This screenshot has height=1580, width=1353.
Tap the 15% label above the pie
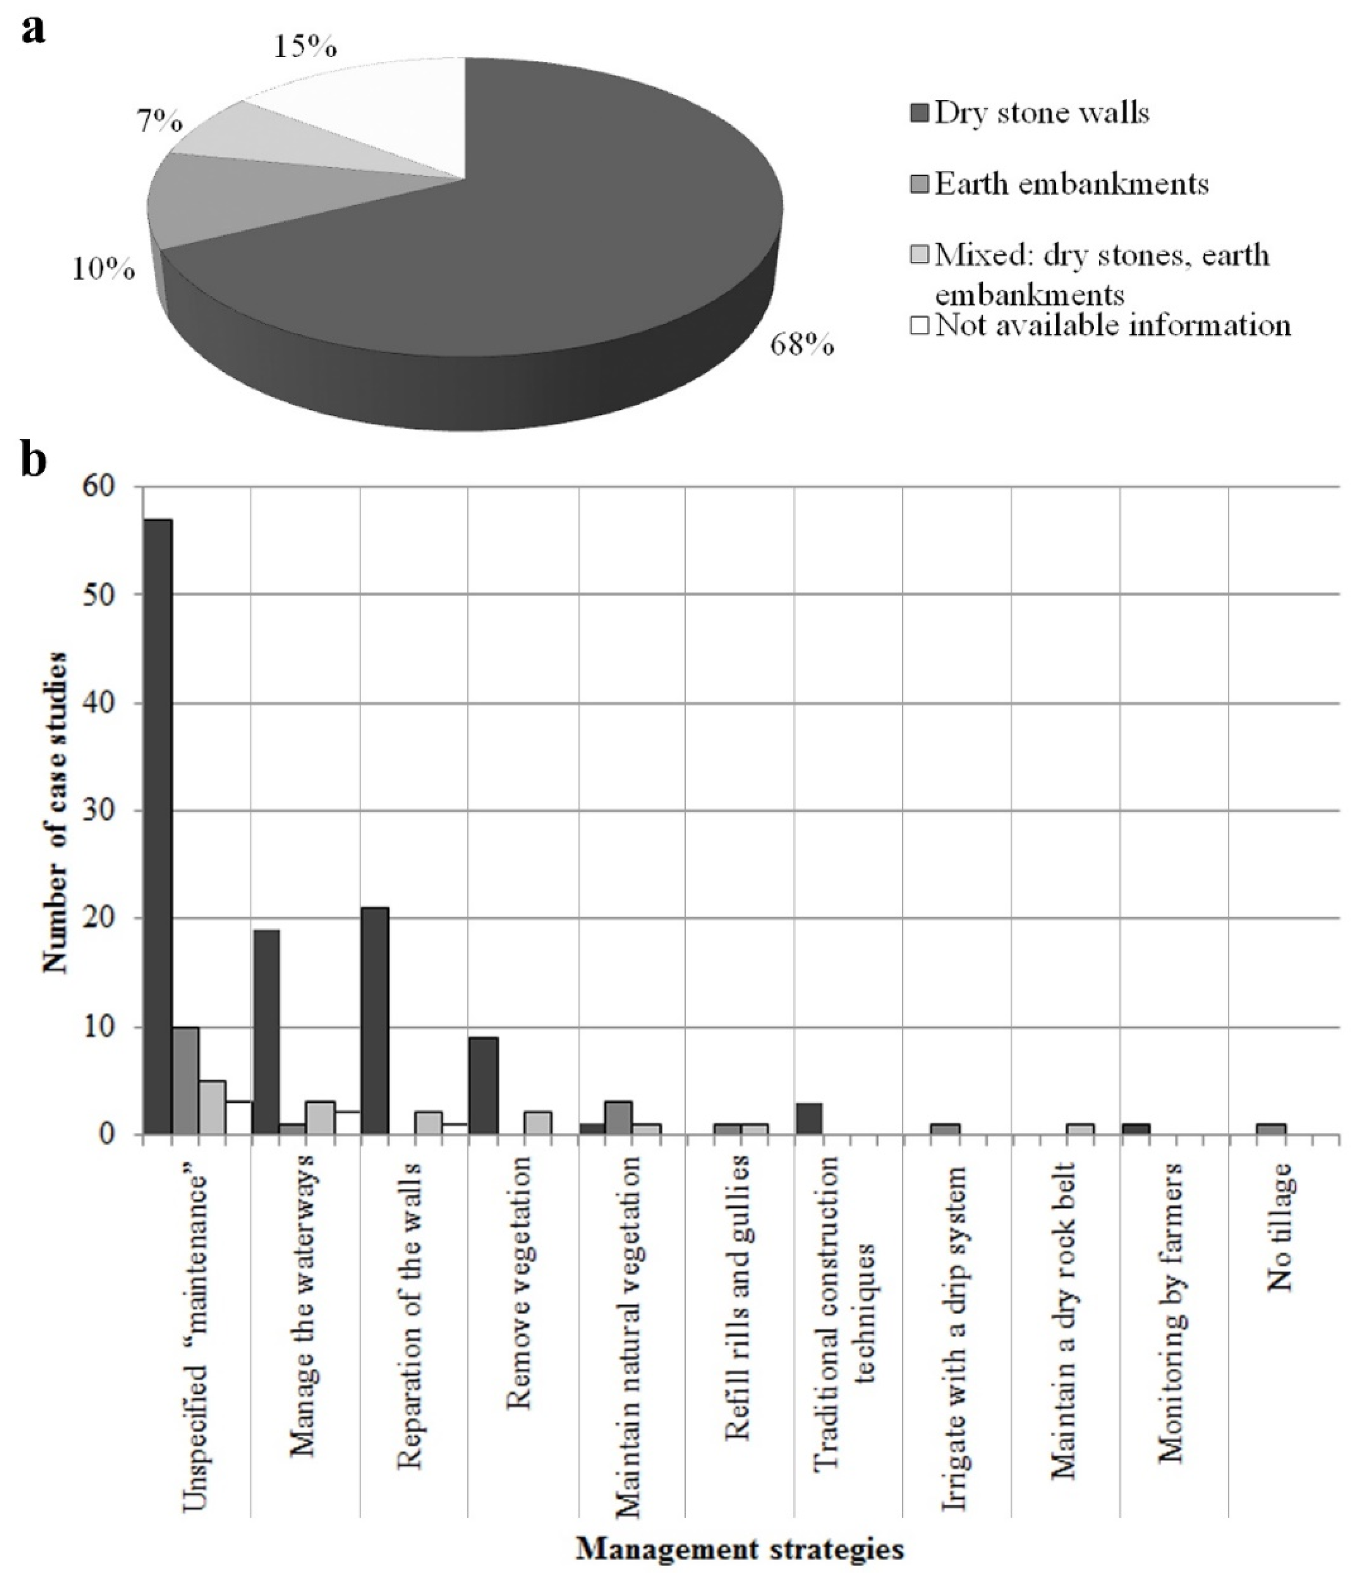pos(304,47)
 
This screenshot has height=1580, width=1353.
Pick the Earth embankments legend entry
pos(1060,184)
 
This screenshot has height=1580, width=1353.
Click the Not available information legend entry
pos(1102,326)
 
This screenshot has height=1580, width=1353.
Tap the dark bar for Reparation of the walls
pos(375,1021)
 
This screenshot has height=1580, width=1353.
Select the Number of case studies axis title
pos(55,812)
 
